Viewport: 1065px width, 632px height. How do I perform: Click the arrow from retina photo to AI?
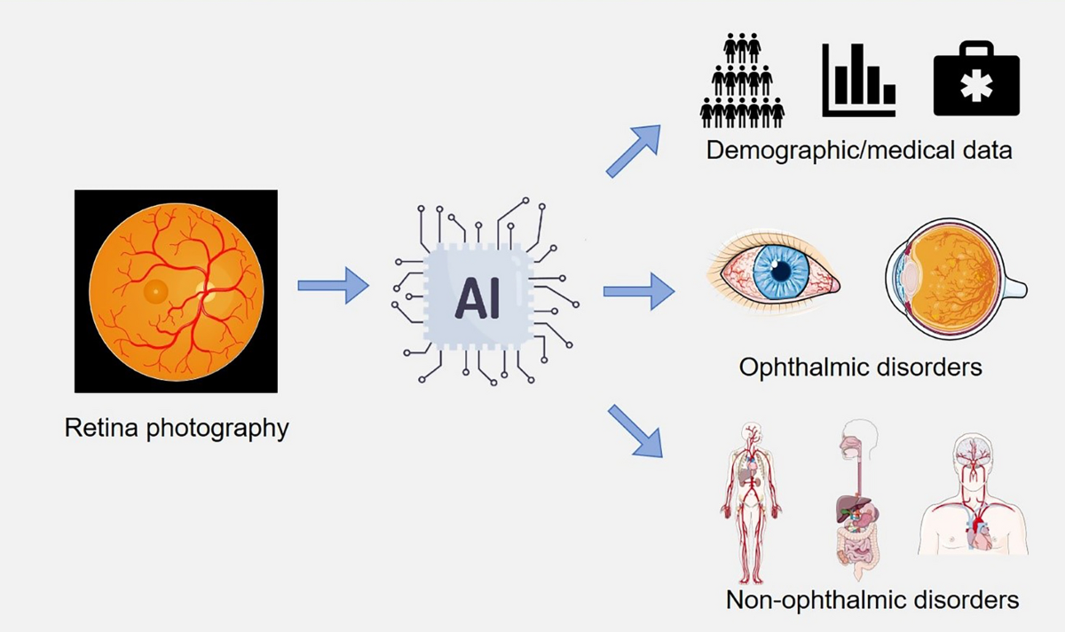333,286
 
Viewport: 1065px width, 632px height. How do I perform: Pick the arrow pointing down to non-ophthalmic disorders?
635,431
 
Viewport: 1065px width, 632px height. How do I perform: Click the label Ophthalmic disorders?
860,366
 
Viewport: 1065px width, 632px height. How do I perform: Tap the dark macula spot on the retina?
155,290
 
